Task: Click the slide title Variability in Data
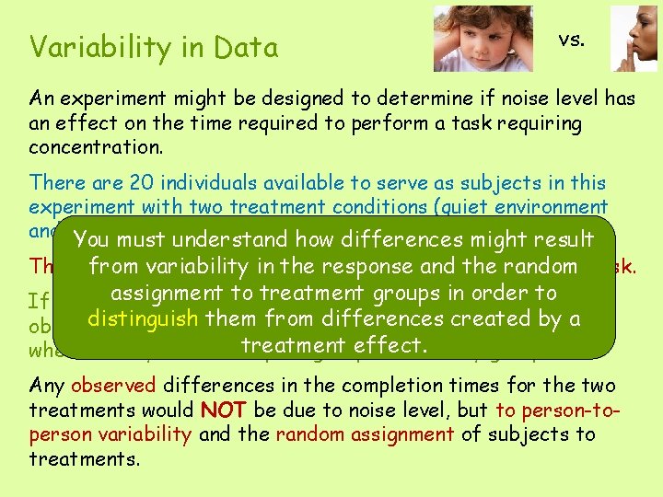point(154,47)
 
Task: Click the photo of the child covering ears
point(483,39)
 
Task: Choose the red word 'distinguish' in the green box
point(142,319)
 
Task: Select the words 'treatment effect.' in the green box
point(334,345)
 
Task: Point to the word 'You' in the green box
point(92,240)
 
